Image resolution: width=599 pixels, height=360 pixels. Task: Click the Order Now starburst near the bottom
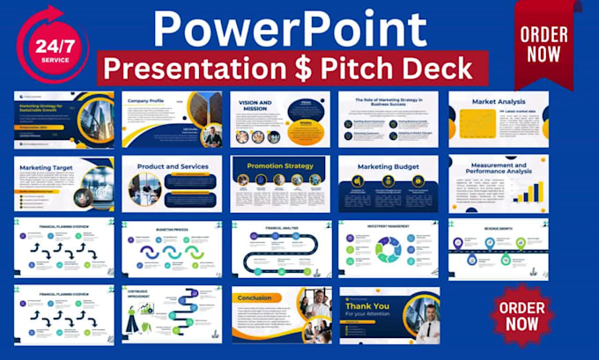tap(521, 312)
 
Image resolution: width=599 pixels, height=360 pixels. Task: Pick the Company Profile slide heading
tap(149, 100)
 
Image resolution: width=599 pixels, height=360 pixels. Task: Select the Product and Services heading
tap(172, 165)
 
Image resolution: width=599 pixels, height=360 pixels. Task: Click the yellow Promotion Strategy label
tap(280, 165)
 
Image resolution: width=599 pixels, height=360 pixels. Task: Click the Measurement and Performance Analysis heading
tap(498, 167)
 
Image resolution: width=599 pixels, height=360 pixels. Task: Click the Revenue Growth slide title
tap(498, 225)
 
